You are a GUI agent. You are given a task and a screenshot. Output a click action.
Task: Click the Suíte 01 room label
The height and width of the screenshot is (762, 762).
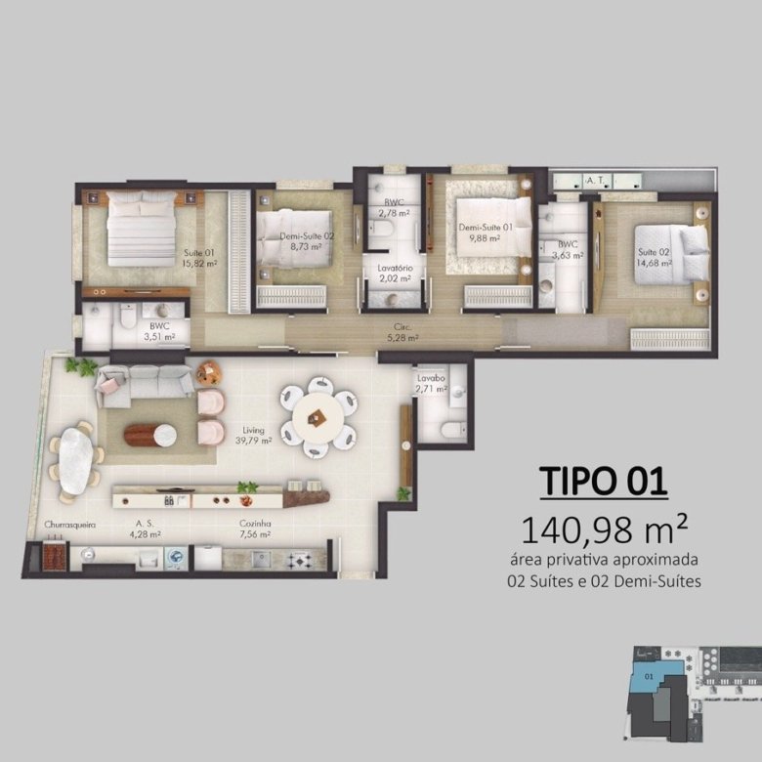(x=198, y=253)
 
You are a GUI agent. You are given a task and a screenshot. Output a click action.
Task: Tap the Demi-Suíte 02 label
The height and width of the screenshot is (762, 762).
(x=307, y=236)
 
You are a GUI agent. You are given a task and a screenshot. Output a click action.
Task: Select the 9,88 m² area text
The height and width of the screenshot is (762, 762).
(x=485, y=238)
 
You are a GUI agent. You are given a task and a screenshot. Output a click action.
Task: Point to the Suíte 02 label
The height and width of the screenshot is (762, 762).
(x=654, y=252)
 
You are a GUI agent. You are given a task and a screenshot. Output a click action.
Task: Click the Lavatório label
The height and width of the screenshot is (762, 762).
(x=395, y=269)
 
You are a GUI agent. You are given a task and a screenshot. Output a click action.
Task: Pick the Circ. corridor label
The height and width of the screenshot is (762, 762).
(x=402, y=327)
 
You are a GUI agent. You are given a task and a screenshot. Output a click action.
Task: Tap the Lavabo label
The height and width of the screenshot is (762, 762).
(x=431, y=378)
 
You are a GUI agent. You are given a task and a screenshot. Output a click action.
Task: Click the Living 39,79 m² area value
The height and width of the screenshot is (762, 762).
(x=253, y=441)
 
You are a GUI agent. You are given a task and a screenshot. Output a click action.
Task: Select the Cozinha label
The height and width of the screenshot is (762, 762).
(x=255, y=524)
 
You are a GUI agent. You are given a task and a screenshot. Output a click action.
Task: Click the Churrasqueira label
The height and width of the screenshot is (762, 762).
(x=70, y=525)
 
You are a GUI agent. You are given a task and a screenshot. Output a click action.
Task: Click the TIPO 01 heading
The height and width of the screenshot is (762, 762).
(x=604, y=481)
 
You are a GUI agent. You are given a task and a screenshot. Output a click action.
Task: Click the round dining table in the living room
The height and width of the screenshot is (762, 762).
(x=317, y=416)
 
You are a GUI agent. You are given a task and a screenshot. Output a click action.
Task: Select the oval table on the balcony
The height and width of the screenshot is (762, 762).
(x=75, y=460)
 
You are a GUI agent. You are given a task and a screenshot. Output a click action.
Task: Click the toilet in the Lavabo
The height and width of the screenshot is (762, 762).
(x=451, y=430)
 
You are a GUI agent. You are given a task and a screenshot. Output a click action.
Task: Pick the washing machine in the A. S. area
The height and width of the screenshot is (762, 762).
(x=176, y=558)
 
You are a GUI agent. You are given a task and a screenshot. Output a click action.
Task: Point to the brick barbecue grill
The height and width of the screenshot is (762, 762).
(x=54, y=555)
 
